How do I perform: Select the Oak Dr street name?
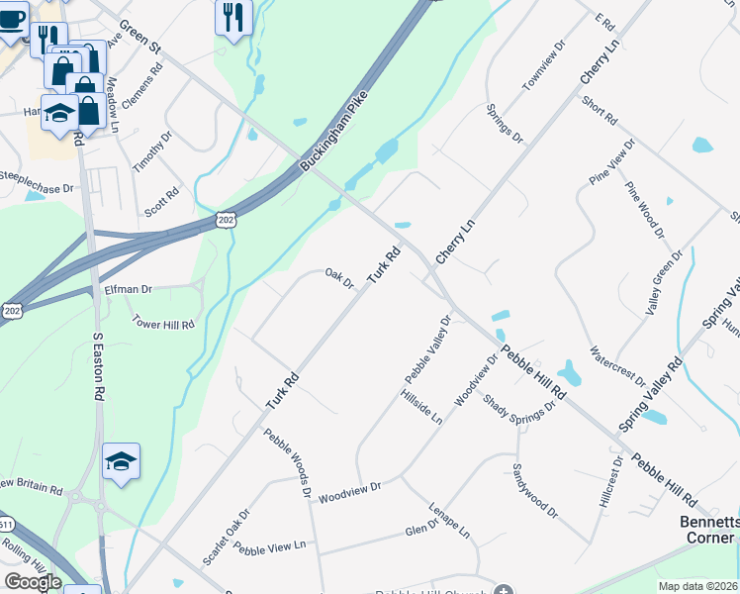tap(339, 279)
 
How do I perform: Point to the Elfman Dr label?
tap(129, 289)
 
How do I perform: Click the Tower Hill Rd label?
tap(163, 324)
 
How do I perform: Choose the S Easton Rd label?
tap(98, 365)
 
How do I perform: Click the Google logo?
tap(33, 582)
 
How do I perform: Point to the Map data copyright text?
tap(696, 586)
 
